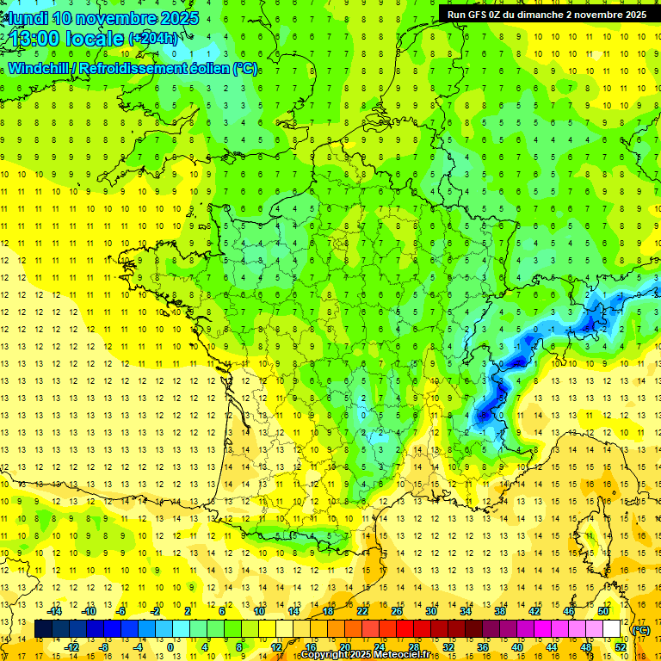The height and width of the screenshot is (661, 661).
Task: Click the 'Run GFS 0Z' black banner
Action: coord(547,15)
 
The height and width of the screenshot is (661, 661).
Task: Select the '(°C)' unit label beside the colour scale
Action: coord(641,630)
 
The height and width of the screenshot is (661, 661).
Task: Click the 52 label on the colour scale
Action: coord(620,646)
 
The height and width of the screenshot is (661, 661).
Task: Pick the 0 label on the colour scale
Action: coord(170,646)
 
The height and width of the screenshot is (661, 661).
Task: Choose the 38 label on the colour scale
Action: coord(500,611)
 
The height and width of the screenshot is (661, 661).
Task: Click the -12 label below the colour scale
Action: coord(72,646)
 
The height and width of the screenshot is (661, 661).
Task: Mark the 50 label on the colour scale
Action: coord(603,611)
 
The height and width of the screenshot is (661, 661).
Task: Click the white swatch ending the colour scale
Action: coord(611,629)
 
